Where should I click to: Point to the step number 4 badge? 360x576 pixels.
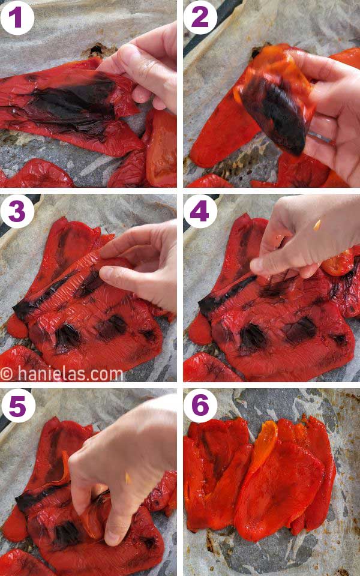tap(200, 211)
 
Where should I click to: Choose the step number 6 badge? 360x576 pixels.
tap(200, 406)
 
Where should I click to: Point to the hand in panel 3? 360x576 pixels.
tap(144, 264)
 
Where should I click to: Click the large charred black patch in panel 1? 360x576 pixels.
tap(72, 102)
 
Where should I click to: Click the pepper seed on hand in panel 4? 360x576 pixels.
tap(317, 225)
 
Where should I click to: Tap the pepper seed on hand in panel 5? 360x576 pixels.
tap(127, 478)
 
